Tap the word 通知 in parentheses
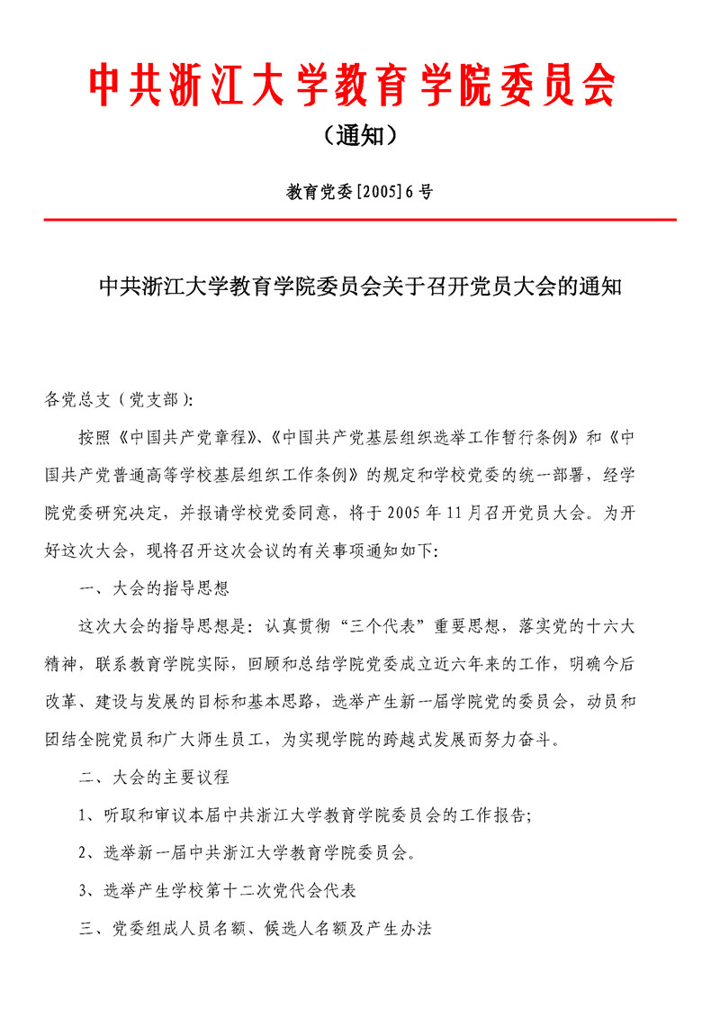(359, 136)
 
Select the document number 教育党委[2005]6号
(359, 192)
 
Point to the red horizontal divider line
(359, 219)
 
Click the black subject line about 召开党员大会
(359, 288)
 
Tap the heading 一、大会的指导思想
(155, 589)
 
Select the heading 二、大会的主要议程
(155, 778)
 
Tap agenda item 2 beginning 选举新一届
(248, 853)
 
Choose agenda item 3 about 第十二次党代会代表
(219, 891)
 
